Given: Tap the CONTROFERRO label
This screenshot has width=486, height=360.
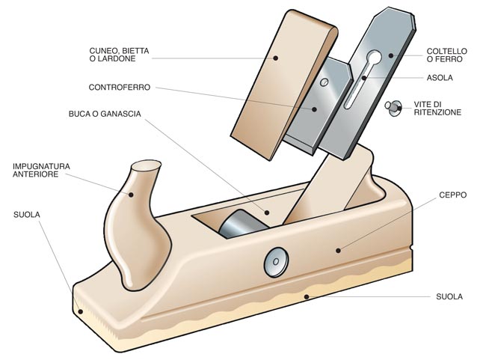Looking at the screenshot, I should tap(120, 88).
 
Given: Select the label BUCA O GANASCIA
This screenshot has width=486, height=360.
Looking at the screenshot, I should tap(104, 115).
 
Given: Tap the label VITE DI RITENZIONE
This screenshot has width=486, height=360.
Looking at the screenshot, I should tap(437, 107).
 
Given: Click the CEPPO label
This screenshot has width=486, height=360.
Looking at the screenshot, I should tap(452, 194).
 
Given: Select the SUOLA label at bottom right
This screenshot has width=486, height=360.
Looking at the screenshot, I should tap(449, 297).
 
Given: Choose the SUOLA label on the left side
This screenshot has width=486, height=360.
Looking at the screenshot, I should tap(27, 214).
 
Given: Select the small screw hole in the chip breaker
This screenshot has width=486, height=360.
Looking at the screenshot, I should tap(324, 82).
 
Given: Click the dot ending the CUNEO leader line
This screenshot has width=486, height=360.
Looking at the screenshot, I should tap(275, 57).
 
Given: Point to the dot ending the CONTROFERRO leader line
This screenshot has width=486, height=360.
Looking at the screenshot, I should tap(315, 108).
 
